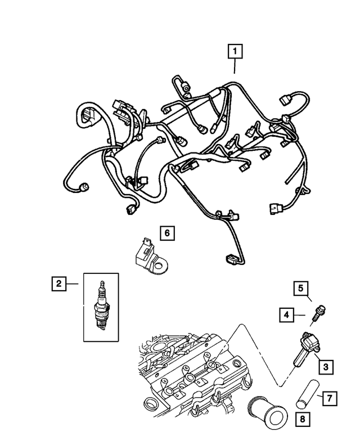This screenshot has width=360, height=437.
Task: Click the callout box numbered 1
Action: coord(235,52)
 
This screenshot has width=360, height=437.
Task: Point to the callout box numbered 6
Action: coord(166,232)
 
